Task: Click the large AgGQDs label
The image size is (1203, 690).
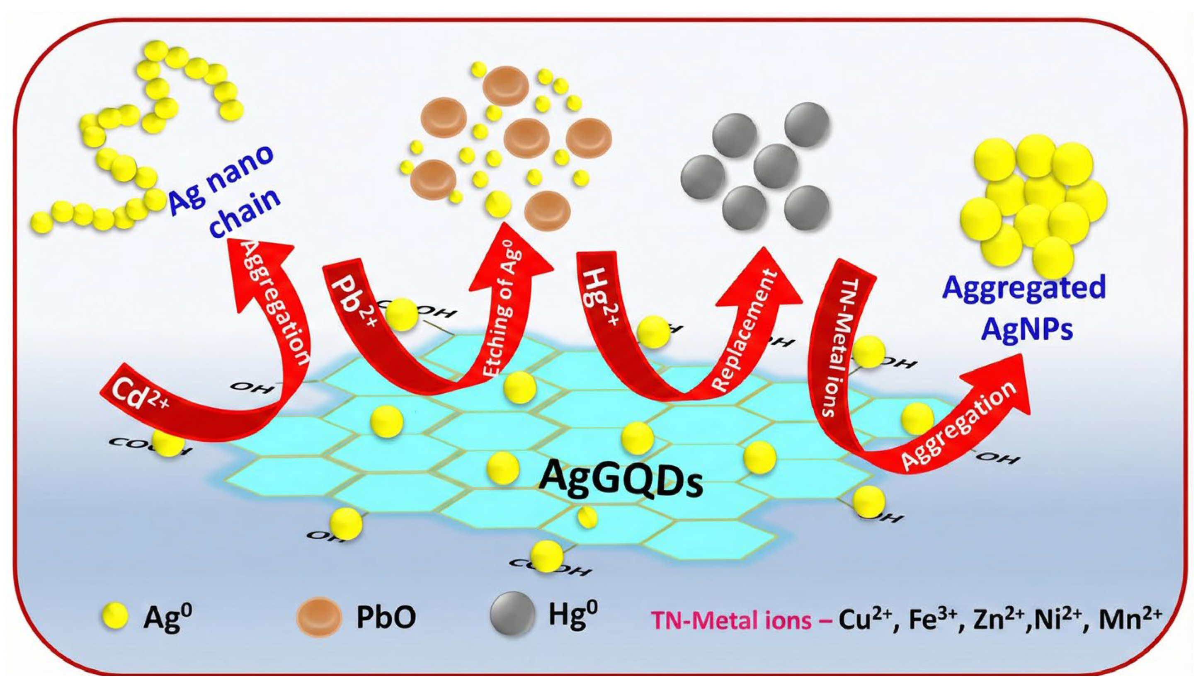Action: [x=621, y=479]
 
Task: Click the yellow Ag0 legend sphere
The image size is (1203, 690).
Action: [x=115, y=617]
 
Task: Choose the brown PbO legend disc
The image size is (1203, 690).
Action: [x=318, y=617]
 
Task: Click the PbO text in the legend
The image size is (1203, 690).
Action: [x=386, y=617]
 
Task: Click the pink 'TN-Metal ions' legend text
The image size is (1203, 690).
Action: [x=732, y=620]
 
